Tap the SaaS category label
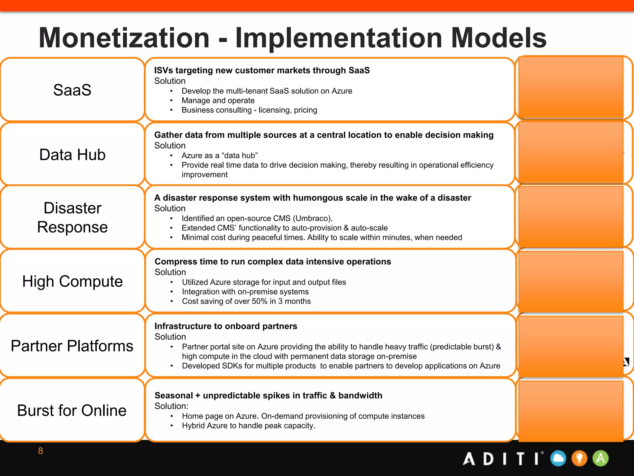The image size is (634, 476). point(72,90)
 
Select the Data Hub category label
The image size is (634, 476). point(72,155)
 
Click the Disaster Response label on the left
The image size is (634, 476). point(72,217)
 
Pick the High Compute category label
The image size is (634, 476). point(72,281)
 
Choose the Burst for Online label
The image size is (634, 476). point(72,411)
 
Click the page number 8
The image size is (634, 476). point(41,451)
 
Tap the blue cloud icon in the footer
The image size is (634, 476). point(558,459)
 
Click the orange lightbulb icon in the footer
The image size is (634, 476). point(579,459)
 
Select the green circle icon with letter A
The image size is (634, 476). point(600,459)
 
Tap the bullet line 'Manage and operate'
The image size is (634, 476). point(218,100)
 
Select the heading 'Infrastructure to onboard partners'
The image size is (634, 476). point(226,326)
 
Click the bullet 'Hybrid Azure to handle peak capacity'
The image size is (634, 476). point(248,426)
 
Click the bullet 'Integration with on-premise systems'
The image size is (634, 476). point(245,292)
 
